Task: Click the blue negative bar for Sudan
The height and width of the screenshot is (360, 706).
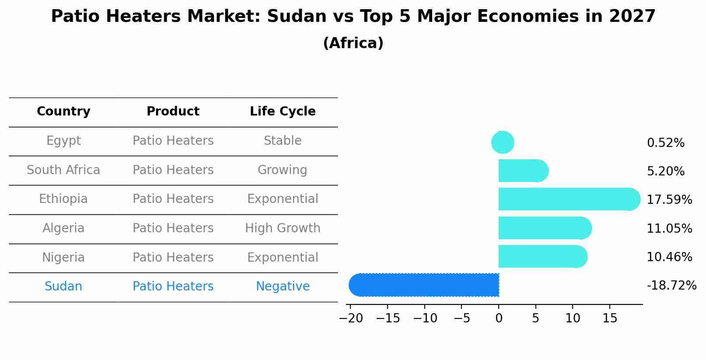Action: coord(424,285)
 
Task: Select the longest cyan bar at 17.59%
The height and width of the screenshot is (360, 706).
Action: coord(569,199)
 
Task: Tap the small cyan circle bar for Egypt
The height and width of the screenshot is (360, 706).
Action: coord(503,142)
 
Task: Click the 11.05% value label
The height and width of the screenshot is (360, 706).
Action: coord(669,228)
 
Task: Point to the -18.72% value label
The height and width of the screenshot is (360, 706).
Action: coord(671,286)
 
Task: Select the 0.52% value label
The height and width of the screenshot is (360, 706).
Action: coord(665,143)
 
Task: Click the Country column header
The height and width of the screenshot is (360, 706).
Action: coord(63,112)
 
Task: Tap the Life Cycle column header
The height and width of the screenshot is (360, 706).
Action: coord(283,112)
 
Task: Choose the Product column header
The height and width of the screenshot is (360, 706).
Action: coord(173,112)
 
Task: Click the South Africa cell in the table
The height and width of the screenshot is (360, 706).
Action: coord(63,170)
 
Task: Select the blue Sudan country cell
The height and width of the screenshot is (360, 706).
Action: coord(63,287)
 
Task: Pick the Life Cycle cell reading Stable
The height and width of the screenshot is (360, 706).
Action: coord(283,141)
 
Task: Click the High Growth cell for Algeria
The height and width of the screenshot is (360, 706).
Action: coord(283,228)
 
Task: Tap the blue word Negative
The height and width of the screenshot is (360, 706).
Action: coord(283,287)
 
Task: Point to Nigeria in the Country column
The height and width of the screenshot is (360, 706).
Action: coord(63,257)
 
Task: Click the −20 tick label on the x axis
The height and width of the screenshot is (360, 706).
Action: coord(351,318)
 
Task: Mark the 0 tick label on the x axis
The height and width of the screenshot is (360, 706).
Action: coord(499,318)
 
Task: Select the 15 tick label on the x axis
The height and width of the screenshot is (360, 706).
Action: coord(610,318)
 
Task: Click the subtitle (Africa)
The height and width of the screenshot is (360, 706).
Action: coord(353,43)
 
